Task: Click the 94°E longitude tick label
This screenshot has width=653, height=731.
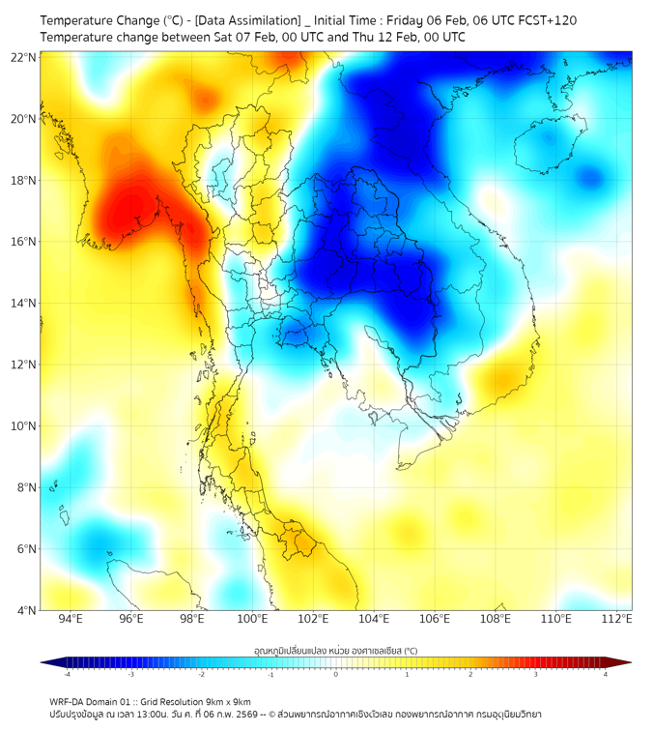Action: [x=71, y=619]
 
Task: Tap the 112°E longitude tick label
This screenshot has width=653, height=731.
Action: [x=616, y=619]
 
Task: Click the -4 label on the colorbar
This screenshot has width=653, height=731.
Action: [x=66, y=674]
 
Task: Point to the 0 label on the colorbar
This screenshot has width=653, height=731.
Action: [x=336, y=674]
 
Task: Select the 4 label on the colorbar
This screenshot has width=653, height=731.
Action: [x=606, y=674]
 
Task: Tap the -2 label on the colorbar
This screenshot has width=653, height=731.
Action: [x=200, y=674]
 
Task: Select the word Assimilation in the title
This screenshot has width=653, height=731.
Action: [x=258, y=20]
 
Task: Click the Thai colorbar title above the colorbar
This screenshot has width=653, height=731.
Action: [x=335, y=651]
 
